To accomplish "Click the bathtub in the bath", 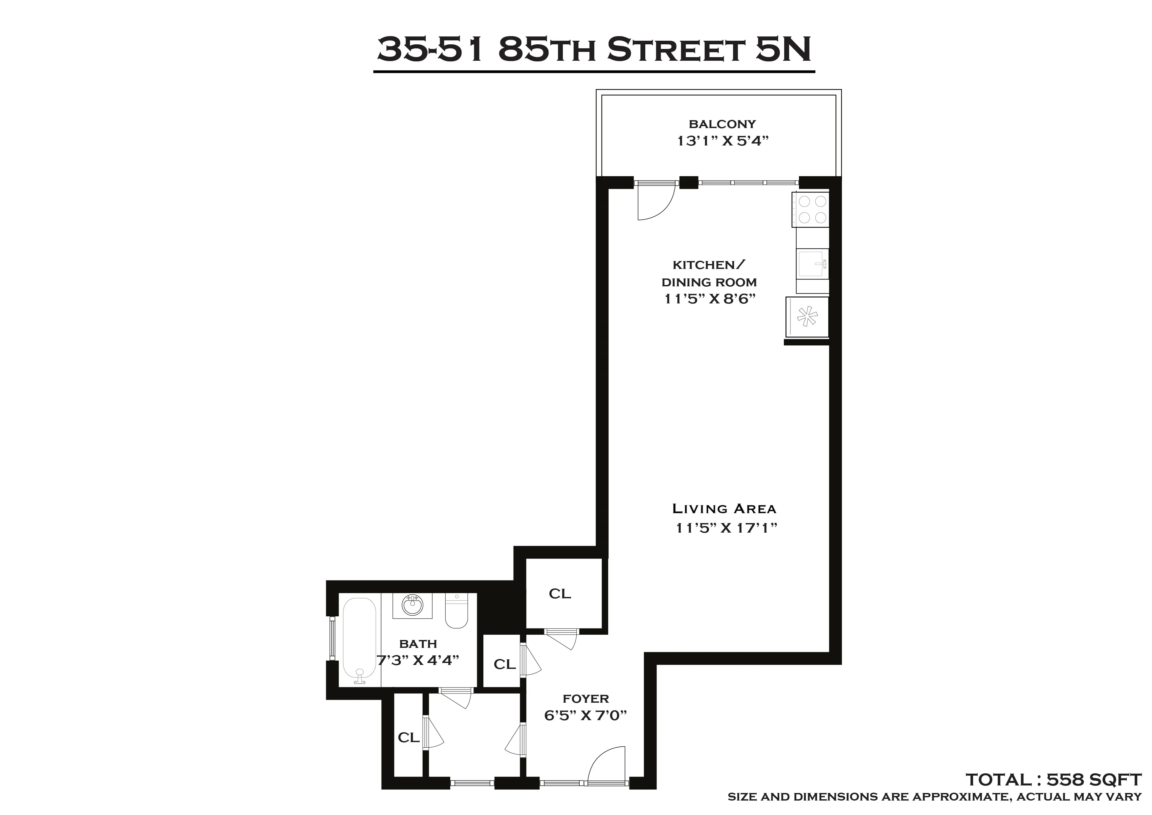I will (359, 640).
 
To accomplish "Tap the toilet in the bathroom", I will (456, 612).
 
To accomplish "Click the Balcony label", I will (722, 124).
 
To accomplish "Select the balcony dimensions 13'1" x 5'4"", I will (722, 141).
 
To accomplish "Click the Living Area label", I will (724, 509).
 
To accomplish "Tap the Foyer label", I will (586, 698).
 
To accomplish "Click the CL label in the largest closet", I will (560, 594).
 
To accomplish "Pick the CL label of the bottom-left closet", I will (409, 738).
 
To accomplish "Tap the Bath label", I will (418, 644).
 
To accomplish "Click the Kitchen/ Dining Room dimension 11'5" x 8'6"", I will (709, 299).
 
